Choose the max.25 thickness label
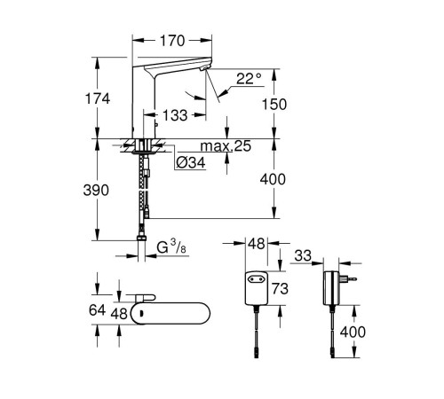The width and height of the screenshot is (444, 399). [208, 145]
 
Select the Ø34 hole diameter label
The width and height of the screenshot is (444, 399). [191, 162]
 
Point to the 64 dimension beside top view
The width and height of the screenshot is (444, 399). [99, 310]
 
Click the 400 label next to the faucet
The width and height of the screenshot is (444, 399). [274, 180]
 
